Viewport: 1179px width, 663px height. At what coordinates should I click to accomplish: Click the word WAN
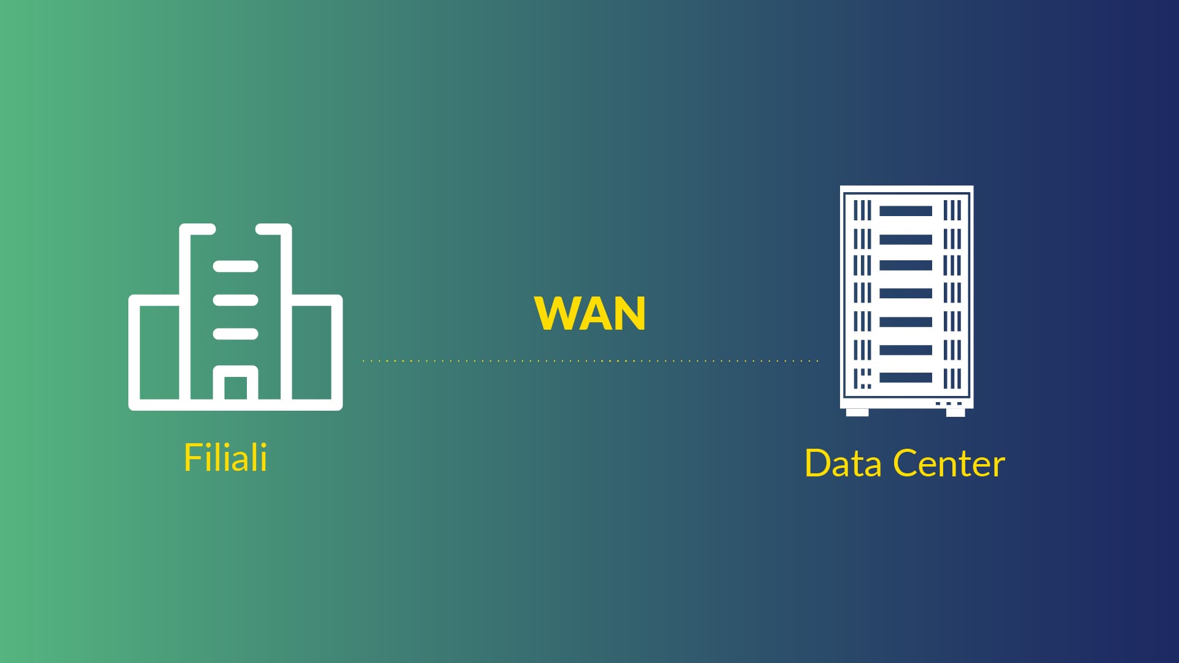click(x=589, y=314)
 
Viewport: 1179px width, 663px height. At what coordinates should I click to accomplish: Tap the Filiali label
click(x=225, y=457)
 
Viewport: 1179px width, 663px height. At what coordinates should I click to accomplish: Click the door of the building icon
click(x=235, y=383)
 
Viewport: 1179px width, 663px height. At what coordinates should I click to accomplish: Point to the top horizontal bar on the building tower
click(x=235, y=266)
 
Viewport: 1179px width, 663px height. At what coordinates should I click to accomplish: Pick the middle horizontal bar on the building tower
click(x=235, y=300)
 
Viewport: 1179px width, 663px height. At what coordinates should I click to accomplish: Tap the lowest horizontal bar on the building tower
click(x=235, y=334)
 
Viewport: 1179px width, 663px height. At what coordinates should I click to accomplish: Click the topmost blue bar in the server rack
click(x=906, y=211)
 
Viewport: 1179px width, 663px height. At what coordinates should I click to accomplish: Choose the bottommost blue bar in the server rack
click(x=906, y=378)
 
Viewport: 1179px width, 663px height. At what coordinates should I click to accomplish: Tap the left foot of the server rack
click(x=857, y=413)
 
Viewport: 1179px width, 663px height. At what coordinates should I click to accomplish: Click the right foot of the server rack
click(x=955, y=413)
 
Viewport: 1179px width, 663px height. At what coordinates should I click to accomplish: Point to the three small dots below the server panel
click(x=949, y=403)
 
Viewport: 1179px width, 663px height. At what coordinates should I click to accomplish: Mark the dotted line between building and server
click(x=590, y=361)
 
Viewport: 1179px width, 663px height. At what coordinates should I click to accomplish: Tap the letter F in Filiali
click(x=192, y=457)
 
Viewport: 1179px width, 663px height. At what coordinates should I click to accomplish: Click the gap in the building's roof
click(x=235, y=229)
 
